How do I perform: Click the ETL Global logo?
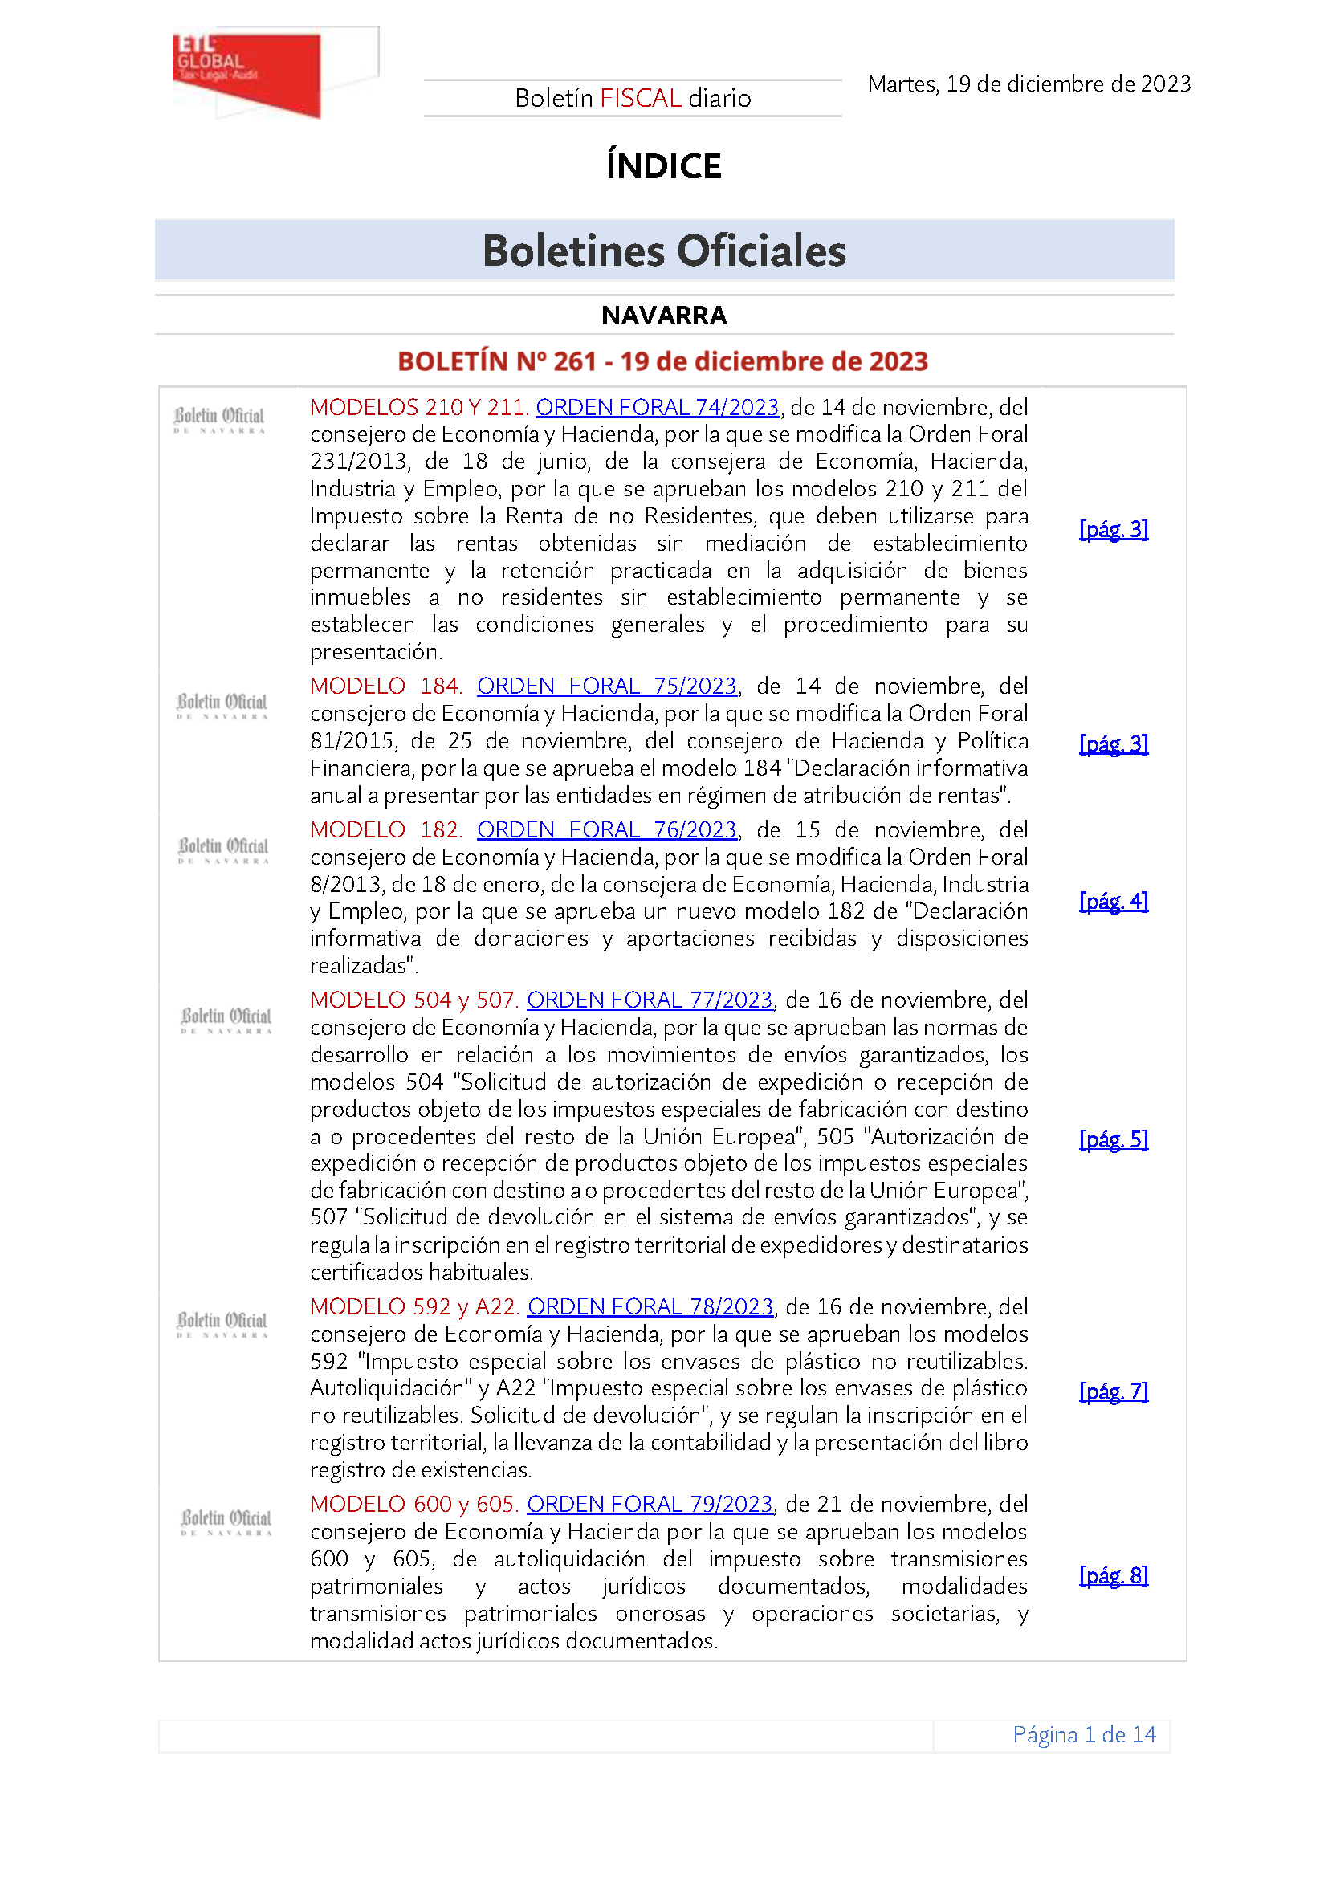click(248, 74)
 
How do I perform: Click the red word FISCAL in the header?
click(640, 98)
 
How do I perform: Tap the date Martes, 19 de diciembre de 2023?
click(1029, 84)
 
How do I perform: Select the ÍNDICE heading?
click(663, 166)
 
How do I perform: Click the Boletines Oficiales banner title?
click(663, 251)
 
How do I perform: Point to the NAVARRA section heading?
click(663, 315)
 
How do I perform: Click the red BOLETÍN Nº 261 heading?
click(662, 361)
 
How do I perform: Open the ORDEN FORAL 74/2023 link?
click(657, 407)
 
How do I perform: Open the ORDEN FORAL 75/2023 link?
click(606, 686)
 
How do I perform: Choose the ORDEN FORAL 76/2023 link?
click(606, 829)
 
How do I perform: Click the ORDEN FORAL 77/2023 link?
click(650, 1000)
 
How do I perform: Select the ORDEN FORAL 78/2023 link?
click(650, 1306)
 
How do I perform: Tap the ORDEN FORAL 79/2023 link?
click(650, 1503)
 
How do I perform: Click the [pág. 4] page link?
click(1113, 901)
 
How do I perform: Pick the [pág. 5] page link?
click(1113, 1139)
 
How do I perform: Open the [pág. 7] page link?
click(1113, 1391)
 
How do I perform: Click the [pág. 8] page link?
click(1113, 1575)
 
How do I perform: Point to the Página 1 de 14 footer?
click(1083, 1734)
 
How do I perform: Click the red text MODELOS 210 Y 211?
click(418, 407)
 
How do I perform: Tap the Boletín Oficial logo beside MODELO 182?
click(223, 849)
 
